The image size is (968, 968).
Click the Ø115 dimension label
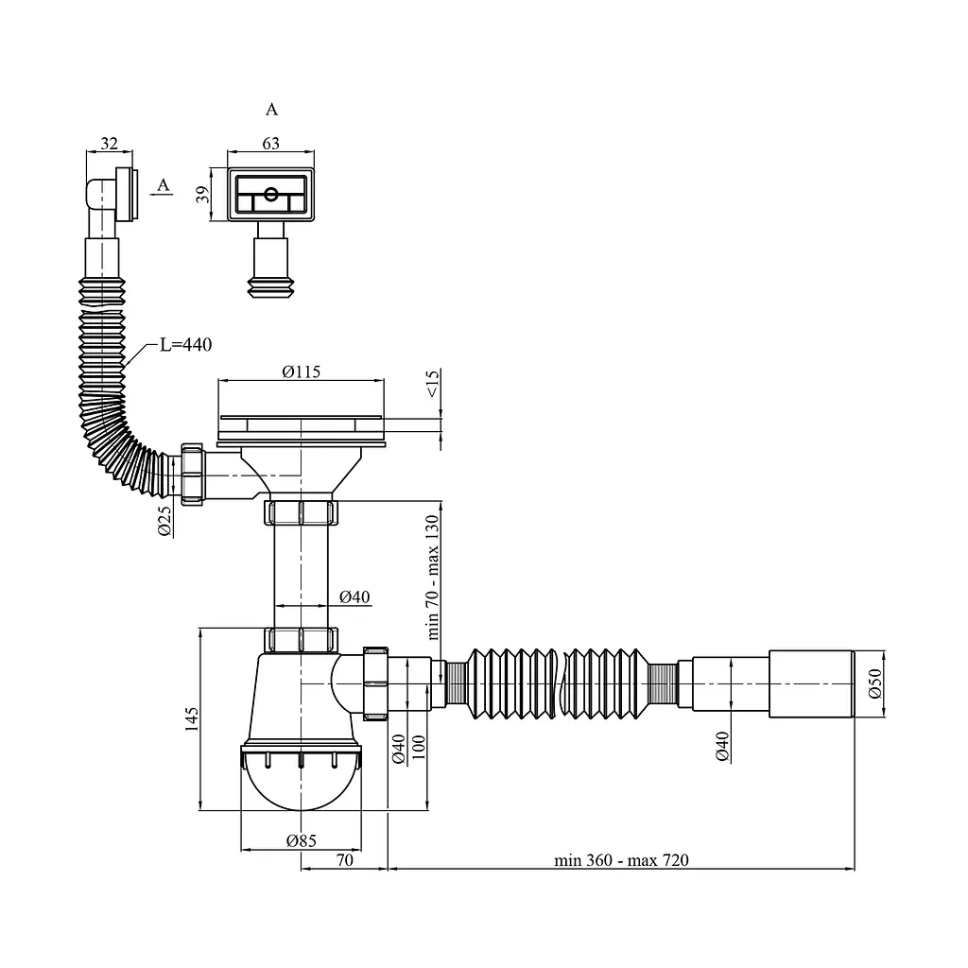click(302, 372)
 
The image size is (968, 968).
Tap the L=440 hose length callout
click(186, 344)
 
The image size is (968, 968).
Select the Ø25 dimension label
click(164, 521)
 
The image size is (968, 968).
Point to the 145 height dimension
click(192, 719)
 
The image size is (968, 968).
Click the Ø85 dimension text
click(302, 840)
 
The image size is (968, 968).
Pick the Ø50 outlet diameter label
click(875, 683)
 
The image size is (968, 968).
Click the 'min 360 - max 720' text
click(621, 860)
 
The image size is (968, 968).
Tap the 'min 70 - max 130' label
click(432, 578)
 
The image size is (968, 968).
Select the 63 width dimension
click(271, 144)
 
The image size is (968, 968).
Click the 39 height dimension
click(202, 195)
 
